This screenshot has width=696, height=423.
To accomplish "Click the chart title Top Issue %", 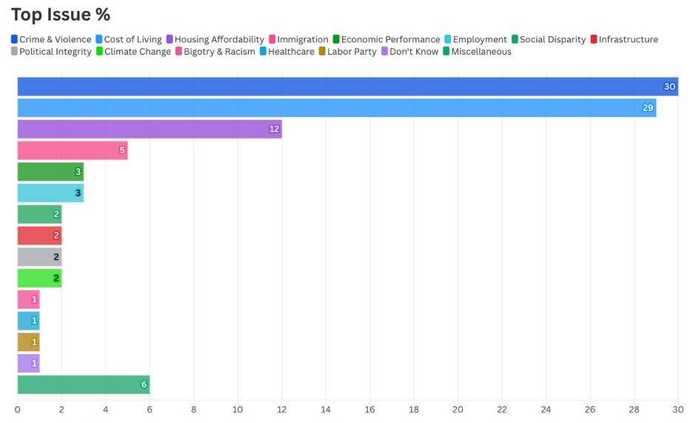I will coord(61,14).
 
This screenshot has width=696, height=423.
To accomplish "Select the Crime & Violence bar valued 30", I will coord(347,87).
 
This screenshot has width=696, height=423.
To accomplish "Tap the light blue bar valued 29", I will coord(336,108).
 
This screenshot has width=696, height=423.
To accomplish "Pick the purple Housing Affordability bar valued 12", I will coord(149,129).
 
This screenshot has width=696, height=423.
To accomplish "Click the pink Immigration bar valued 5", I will coord(72,150).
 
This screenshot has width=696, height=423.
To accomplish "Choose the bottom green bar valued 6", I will coord(83,384).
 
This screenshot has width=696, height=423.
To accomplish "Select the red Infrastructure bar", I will coord(39,236).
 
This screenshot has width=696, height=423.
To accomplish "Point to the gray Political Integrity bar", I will coord(39,257).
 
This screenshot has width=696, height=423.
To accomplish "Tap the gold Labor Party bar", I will coord(28,342).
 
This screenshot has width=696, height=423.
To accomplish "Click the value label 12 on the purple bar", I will coord(274,130).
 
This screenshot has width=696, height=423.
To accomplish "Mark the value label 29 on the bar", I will coord(648,108).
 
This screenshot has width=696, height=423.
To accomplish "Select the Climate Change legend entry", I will coord(133,52).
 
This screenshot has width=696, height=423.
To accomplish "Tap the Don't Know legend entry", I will coord(409,52).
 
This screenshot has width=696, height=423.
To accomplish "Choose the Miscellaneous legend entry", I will coord(477,52).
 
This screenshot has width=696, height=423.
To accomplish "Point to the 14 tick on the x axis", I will coord(326,409).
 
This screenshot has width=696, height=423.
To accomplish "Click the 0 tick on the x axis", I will coord(18,409).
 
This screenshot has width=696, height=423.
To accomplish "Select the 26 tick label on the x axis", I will coord(590,409).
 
